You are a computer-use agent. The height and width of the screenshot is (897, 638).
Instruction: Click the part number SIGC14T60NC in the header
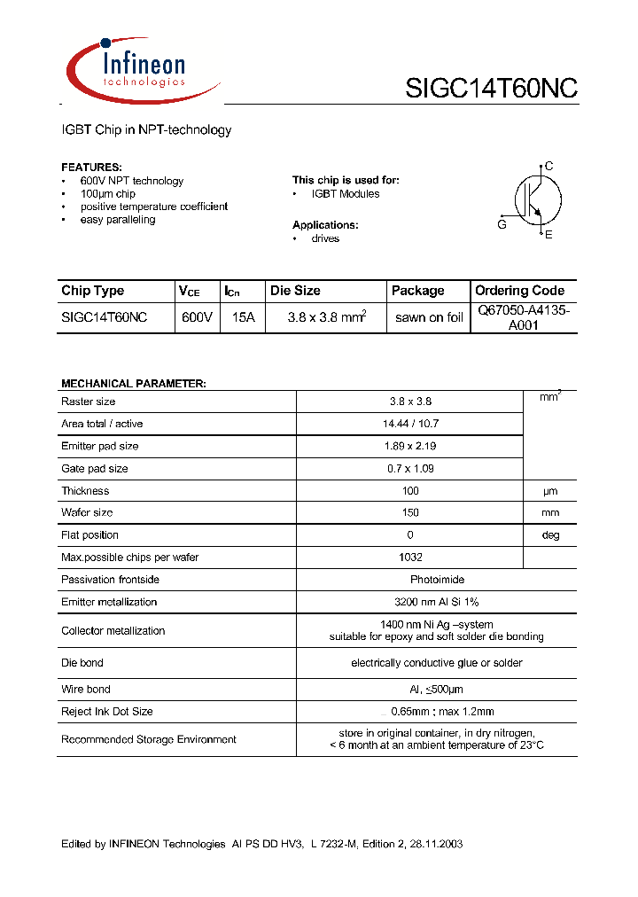click(x=491, y=89)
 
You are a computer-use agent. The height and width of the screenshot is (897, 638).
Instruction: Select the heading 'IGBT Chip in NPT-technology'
click(x=146, y=130)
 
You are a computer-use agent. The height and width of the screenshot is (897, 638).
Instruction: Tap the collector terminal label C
click(x=549, y=166)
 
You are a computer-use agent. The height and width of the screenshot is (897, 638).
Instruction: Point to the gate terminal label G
click(x=502, y=225)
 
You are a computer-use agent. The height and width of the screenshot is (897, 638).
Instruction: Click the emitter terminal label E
click(x=549, y=235)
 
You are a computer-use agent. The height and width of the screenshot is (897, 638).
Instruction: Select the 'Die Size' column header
click(x=295, y=291)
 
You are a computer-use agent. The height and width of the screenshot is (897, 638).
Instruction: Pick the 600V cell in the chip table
click(x=196, y=317)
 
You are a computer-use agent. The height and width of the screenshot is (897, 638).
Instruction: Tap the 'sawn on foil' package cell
click(x=429, y=318)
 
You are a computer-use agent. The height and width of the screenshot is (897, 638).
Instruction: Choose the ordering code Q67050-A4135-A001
click(x=523, y=317)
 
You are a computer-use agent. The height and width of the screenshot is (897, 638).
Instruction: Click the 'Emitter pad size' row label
click(x=100, y=446)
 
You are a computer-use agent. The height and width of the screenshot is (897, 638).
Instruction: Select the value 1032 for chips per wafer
click(x=410, y=558)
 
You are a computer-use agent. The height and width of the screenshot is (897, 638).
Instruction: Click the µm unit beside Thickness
click(x=550, y=491)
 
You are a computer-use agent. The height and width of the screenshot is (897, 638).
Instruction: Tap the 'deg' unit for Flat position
click(x=550, y=535)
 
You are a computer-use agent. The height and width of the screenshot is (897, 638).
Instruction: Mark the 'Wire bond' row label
click(x=86, y=689)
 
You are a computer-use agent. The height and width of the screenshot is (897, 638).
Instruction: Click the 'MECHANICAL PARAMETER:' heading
click(x=134, y=384)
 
